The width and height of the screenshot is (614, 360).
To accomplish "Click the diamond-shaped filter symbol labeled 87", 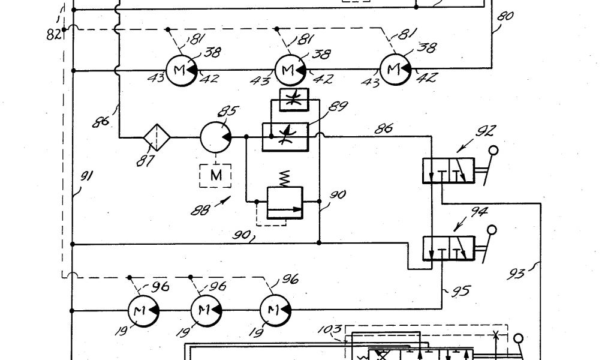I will coord(156,137).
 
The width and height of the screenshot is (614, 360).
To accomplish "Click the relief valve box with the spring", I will coord(284,203).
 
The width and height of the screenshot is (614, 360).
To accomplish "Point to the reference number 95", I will coord(461,292).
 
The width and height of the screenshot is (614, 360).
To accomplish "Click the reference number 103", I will coord(330,329).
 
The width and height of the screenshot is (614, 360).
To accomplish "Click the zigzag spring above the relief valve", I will coord(285,178).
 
